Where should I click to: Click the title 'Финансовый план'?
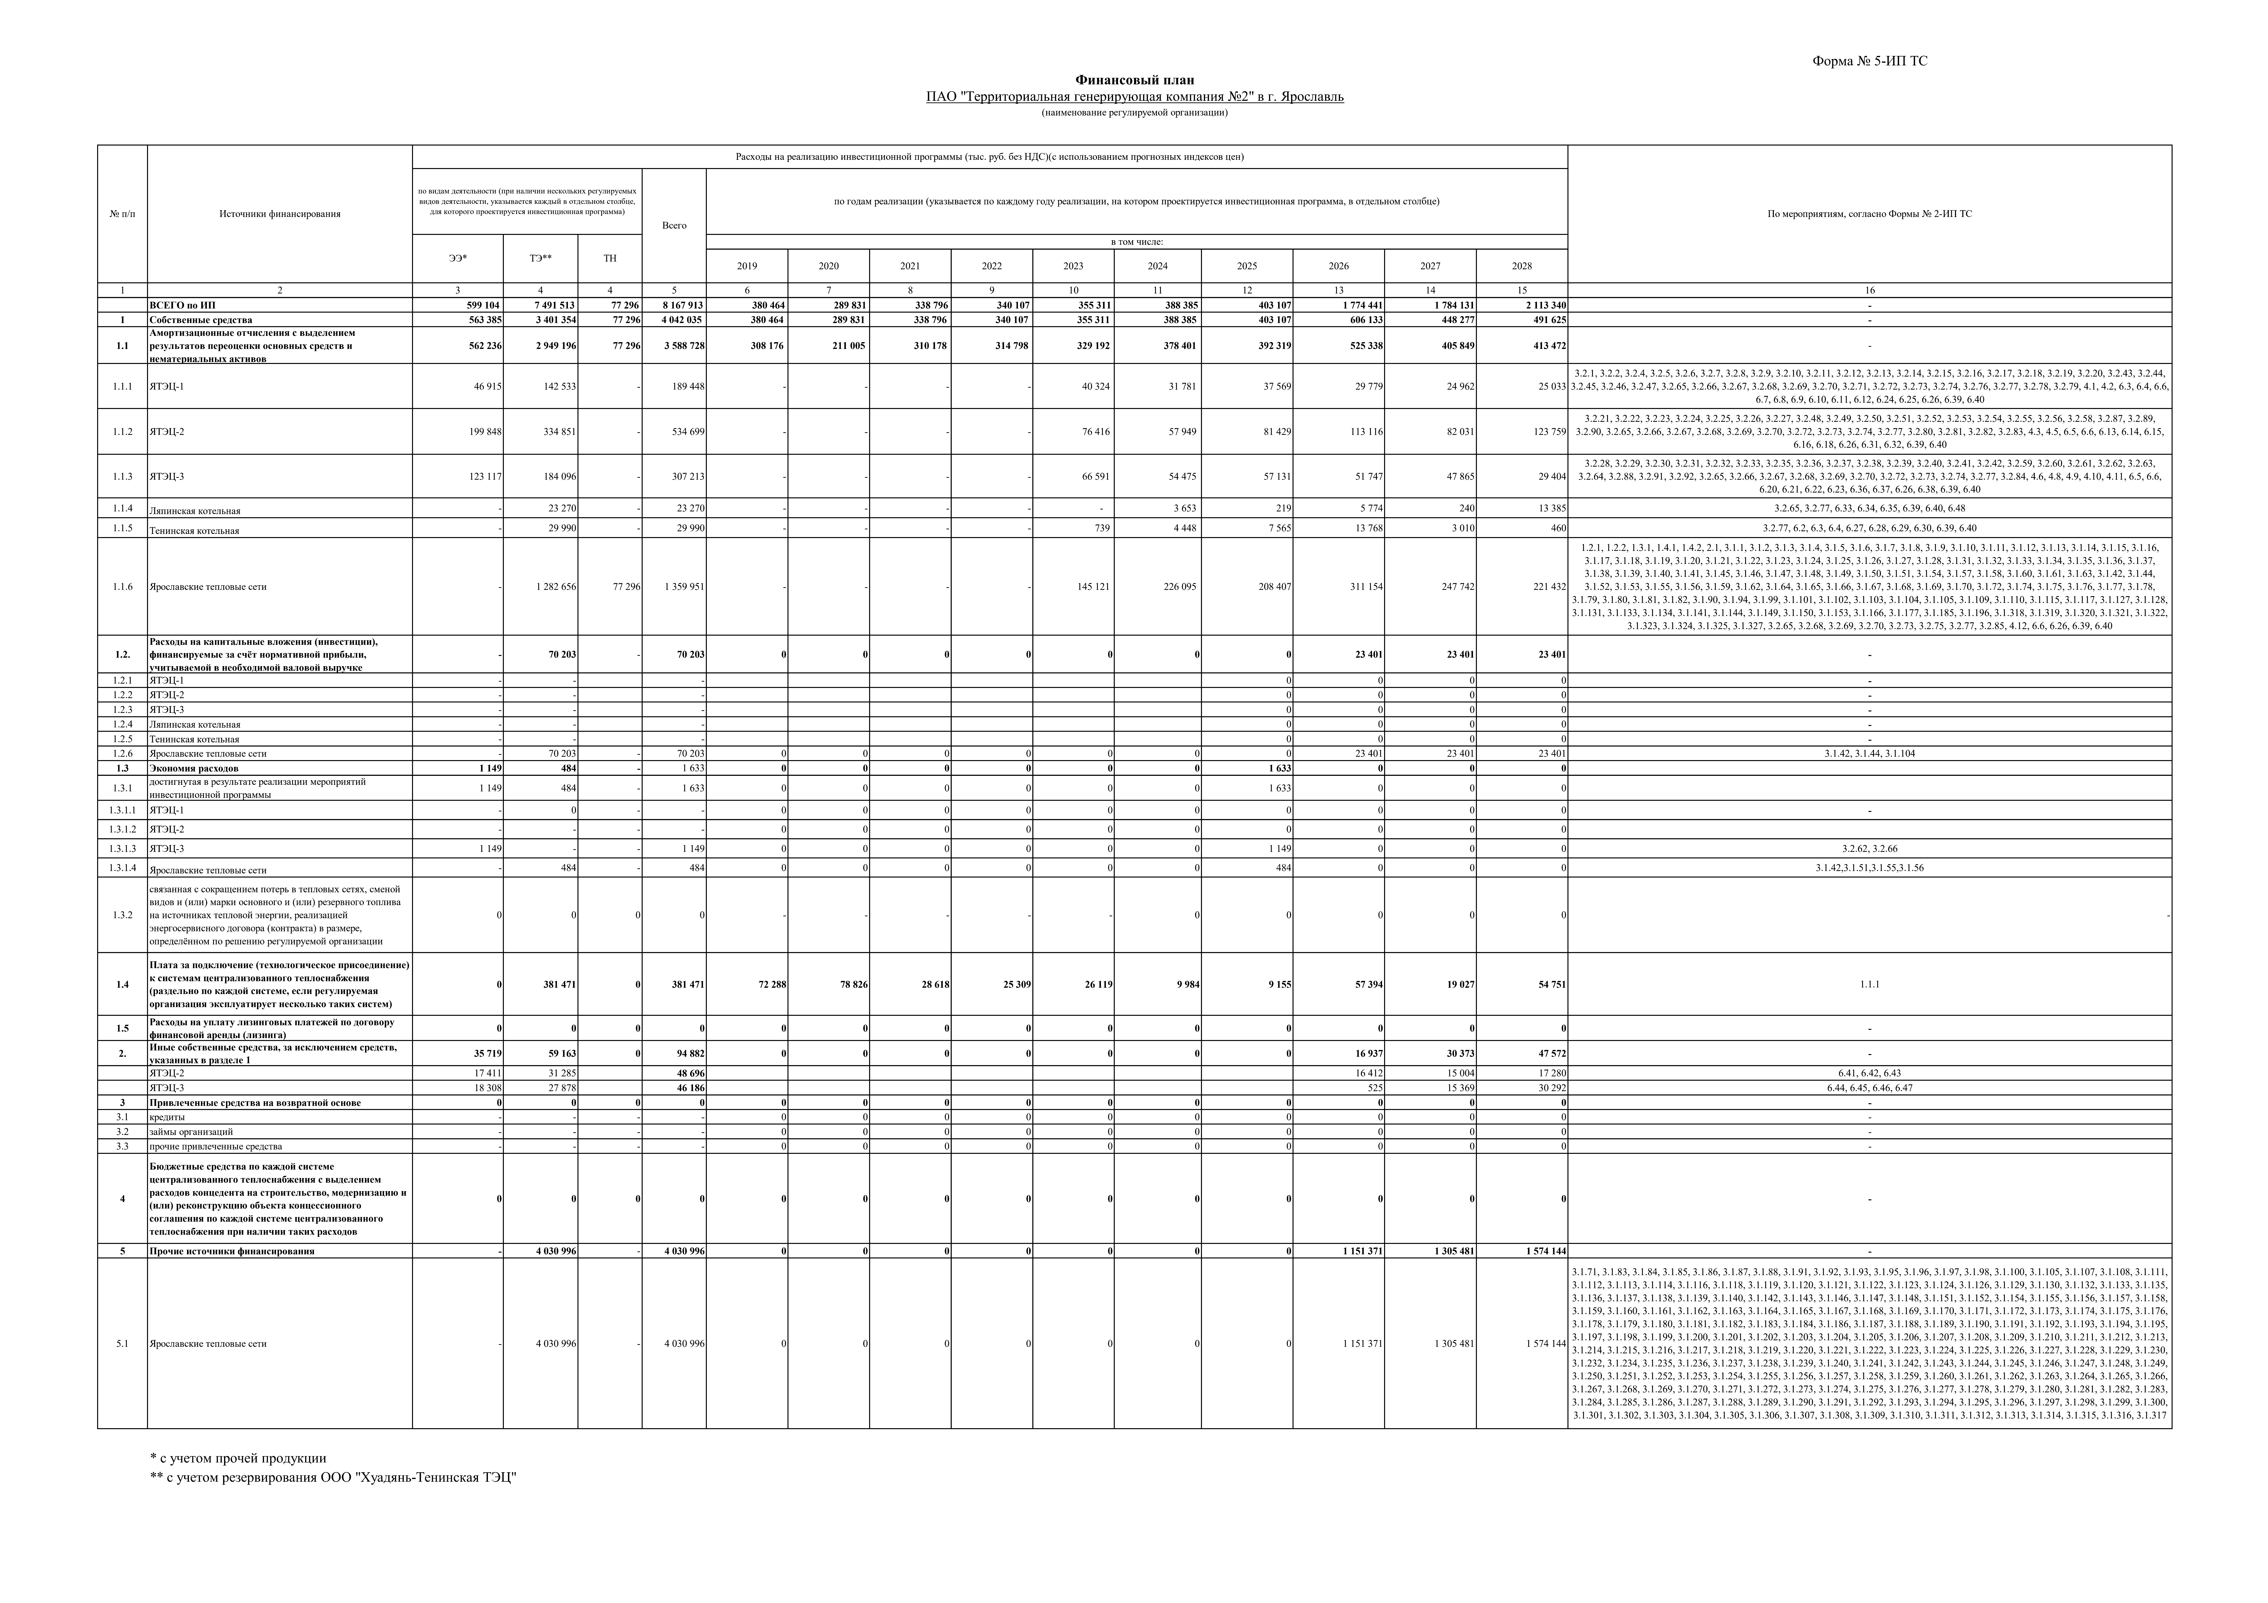tap(1134, 80)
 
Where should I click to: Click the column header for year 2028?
tap(1521, 266)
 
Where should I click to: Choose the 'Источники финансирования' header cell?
tap(280, 214)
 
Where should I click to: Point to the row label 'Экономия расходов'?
tap(194, 768)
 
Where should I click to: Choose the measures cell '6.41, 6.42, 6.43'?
tap(1869, 1073)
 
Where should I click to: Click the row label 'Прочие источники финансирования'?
tap(232, 1251)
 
